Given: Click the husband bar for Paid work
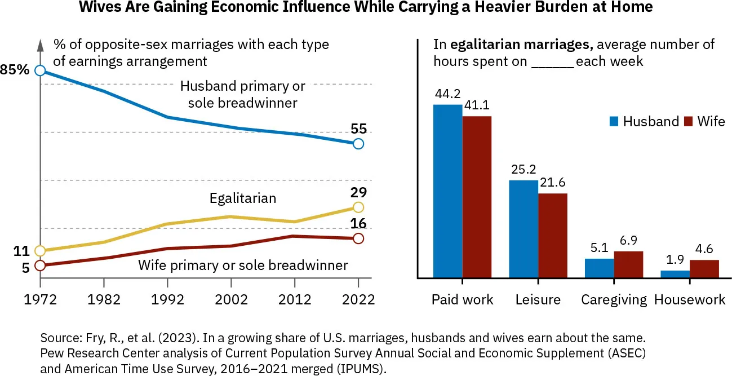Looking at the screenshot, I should tap(447, 191).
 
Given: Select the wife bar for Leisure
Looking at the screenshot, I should tap(552, 236).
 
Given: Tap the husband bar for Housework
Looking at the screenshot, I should tap(675, 275).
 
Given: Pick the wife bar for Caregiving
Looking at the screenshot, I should tap(628, 264).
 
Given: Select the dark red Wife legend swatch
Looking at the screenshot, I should tap(687, 121).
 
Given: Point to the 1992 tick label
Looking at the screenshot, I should tap(167, 299).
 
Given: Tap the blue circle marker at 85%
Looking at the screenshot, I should tap(39, 70).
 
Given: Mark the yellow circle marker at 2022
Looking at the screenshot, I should tap(358, 207).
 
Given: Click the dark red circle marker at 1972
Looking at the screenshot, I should tap(39, 266).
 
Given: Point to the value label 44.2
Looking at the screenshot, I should tap(447, 94).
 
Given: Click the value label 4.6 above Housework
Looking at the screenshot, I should tap(704, 250).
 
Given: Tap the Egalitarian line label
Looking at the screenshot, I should tap(242, 198).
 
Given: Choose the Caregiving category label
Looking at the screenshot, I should tap(614, 299).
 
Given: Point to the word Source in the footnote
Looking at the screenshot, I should tap(59, 339).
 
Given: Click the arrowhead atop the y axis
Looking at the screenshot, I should tap(39, 43).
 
